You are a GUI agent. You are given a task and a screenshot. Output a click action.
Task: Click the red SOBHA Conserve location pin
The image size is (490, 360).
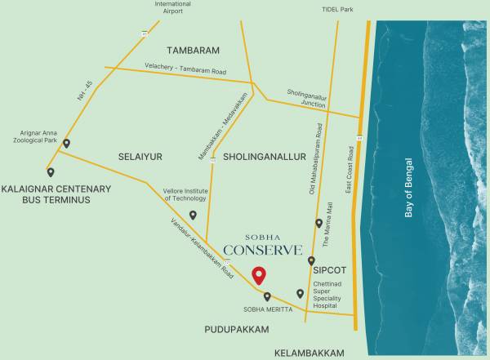pos(259,275)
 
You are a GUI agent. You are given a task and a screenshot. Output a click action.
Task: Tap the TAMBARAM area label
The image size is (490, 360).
pos(193,51)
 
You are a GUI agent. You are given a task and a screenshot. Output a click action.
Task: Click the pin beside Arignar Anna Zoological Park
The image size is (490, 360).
pos(66,144)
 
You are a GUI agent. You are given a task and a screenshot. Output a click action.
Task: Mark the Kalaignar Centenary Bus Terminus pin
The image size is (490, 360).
pos(51,172)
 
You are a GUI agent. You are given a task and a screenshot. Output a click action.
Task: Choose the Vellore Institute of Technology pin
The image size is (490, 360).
pos(193,215)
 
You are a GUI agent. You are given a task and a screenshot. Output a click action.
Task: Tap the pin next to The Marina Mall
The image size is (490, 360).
pos(319,223)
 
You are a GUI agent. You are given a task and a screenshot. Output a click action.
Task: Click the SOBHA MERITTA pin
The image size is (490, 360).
pos(267,296)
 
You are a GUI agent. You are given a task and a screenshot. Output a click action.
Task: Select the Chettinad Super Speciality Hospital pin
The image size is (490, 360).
pos(300,293)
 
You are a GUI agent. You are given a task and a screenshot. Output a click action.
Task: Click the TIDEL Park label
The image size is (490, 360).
pos(337,11)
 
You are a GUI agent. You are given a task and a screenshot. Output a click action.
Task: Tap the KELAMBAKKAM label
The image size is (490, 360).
pos(305,353)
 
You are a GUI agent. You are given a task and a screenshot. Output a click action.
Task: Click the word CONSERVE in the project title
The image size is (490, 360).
pos(263,250)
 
